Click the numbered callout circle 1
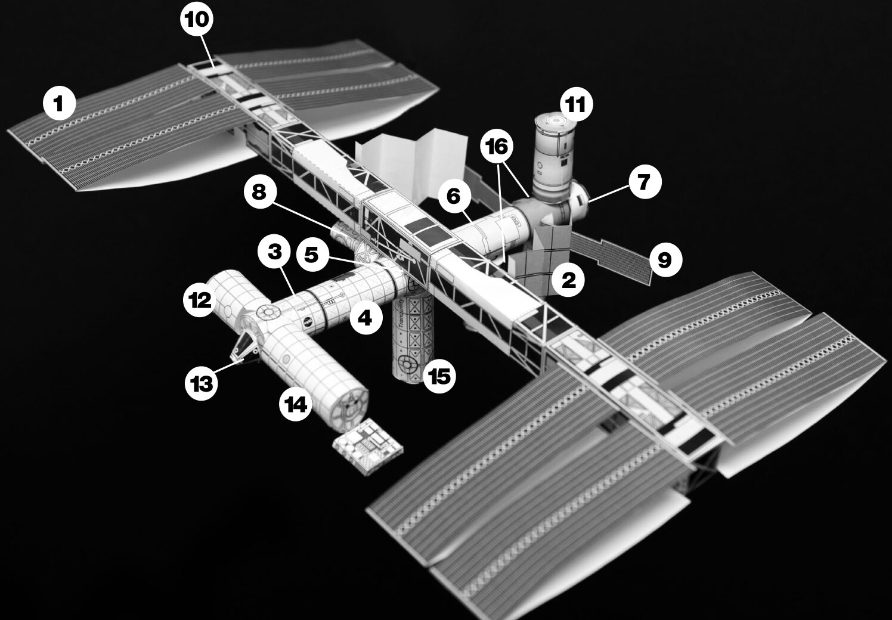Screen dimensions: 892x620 (60, 104)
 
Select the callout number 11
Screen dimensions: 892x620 (576, 104)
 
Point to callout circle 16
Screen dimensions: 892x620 (497, 147)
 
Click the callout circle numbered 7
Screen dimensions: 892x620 (645, 182)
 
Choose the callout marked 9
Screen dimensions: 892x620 (665, 260)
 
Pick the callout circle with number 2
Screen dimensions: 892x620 (568, 280)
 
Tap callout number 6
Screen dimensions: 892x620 (454, 196)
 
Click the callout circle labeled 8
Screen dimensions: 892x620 (260, 193)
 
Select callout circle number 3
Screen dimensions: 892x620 (274, 252)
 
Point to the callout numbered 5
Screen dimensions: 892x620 (312, 255)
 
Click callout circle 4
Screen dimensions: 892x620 (366, 318)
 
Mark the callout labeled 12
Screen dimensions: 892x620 (200, 300)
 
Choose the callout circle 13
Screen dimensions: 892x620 (202, 384)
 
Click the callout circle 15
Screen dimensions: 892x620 (439, 376)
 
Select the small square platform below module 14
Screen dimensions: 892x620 (367, 447)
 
